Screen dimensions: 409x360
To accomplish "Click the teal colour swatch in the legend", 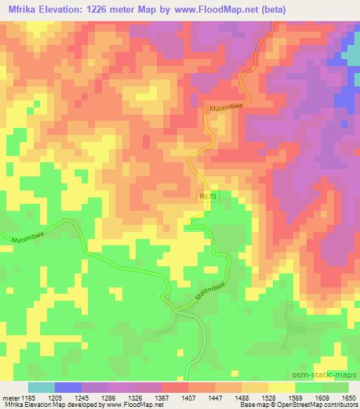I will [x=41, y=387].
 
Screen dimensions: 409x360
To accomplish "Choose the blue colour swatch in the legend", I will [x=68, y=387].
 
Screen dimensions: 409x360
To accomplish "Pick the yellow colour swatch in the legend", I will [x=281, y=387].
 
